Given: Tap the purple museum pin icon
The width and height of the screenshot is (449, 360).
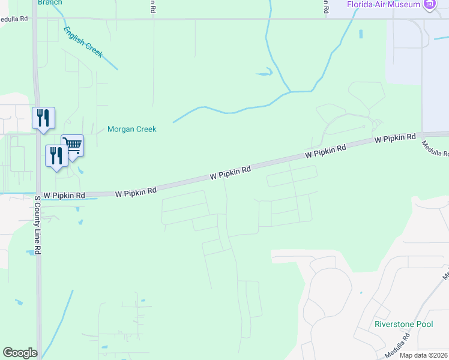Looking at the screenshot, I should point(430,5).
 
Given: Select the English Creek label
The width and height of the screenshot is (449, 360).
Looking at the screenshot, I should point(83,42).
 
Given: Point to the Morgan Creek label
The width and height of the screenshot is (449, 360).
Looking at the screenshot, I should point(131,129).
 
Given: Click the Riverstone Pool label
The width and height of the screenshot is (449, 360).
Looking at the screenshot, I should point(403,324).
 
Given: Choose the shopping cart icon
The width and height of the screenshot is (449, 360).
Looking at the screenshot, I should point(72,145).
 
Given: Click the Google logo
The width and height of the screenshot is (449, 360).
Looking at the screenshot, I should point(20,353).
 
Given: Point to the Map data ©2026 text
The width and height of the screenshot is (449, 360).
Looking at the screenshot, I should point(424,355).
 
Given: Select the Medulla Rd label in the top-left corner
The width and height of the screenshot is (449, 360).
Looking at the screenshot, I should point(14,19).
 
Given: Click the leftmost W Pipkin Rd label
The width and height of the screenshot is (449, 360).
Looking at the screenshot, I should point(65,196).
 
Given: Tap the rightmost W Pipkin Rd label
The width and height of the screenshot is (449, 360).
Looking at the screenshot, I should point(395,138).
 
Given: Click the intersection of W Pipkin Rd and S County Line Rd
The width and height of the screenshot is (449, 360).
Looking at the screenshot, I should point(38,194).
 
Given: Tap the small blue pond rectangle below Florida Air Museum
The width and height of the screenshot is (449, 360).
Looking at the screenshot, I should point(361,34).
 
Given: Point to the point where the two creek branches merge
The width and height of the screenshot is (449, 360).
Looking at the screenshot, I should point(291,92).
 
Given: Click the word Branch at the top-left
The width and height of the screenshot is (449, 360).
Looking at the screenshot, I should point(50,2).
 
